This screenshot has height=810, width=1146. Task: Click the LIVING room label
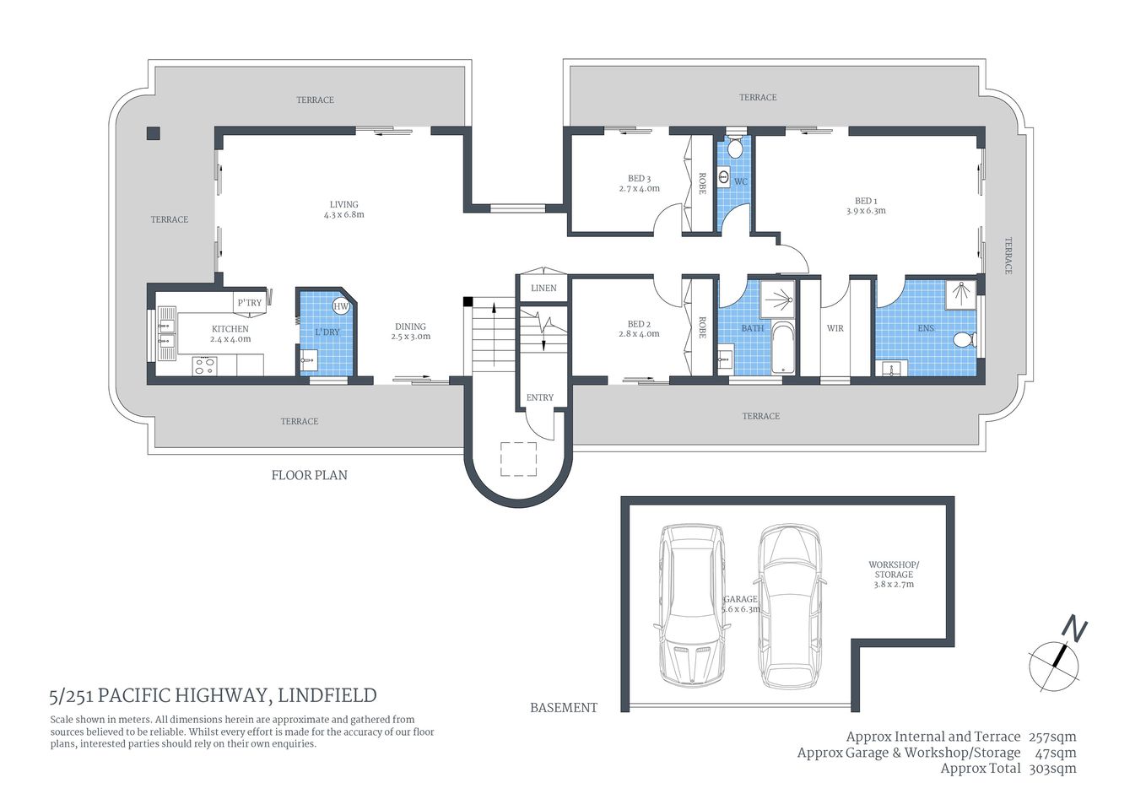pyautogui.click(x=343, y=204)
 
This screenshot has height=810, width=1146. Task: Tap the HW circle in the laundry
pyautogui.click(x=341, y=306)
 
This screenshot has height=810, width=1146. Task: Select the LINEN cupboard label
pyautogui.click(x=543, y=289)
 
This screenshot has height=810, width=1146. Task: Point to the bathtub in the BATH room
pyautogui.click(x=783, y=348)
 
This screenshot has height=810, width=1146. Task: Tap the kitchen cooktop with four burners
pyautogui.click(x=204, y=365)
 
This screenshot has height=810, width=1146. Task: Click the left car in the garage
pyautogui.click(x=691, y=604)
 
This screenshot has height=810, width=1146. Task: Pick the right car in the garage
pyautogui.click(x=790, y=606)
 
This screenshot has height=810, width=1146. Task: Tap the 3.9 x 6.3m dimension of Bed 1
pyautogui.click(x=866, y=212)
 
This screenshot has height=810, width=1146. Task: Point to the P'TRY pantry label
pyautogui.click(x=249, y=303)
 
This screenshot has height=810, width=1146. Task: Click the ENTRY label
pyautogui.click(x=540, y=397)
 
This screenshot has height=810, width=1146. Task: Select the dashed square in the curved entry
pyautogui.click(x=518, y=459)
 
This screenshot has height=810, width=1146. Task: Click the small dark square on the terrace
pyautogui.click(x=153, y=132)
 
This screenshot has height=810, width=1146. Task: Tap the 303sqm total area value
pyautogui.click(x=1052, y=769)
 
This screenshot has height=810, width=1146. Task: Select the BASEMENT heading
pyautogui.click(x=564, y=708)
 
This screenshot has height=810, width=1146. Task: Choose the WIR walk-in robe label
pyautogui.click(x=835, y=329)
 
